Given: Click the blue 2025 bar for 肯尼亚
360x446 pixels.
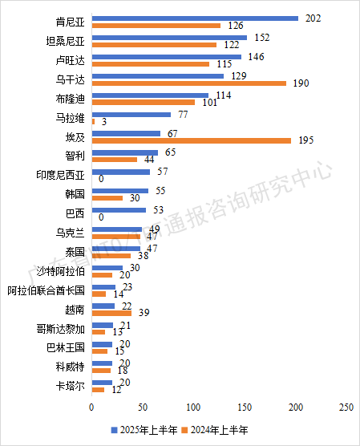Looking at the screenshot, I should pos(195,18).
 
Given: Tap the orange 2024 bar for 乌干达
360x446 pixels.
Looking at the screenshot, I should pos(188,83).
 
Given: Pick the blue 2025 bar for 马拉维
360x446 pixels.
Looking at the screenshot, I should pos(131,115).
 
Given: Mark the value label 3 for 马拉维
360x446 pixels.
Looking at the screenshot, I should pos(104,122).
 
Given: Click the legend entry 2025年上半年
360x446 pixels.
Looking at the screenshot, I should pos(144,431).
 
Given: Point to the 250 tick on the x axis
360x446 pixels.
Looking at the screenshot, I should pos(346,408).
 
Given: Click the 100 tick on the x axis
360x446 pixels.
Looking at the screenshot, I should pos(193,408).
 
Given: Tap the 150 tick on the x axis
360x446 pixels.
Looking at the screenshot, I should pos(245,408).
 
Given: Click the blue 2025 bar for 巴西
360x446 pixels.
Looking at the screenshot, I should pos(119,210).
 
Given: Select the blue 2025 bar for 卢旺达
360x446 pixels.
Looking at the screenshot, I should pos(167,57).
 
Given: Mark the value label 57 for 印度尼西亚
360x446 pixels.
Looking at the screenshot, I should pos(162,172).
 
